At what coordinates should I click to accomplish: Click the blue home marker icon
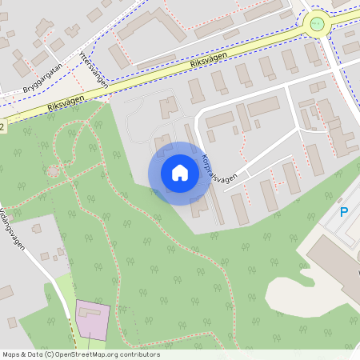click(180, 173)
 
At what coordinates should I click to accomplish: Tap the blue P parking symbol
click(344, 212)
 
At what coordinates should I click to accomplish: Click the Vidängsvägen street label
click(15, 228)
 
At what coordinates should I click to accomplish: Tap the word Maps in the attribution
click(12, 354)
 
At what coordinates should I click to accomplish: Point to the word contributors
click(142, 354)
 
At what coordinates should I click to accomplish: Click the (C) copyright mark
click(50, 354)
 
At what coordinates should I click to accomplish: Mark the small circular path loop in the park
click(54, 170)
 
